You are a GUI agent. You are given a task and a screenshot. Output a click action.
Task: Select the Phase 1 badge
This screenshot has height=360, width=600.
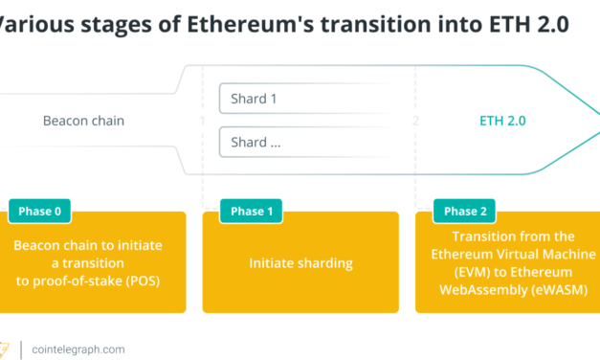point(252,212)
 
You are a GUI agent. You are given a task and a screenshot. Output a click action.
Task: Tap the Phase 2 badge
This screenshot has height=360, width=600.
point(465,212)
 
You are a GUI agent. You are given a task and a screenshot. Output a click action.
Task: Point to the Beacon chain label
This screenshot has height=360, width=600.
point(83,122)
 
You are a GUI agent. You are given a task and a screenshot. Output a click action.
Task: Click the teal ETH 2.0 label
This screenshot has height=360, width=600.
point(502,122)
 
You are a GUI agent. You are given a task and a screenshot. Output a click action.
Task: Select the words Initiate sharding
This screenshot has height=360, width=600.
point(300,262)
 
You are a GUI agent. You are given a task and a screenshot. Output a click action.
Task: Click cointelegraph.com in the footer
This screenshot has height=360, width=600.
point(77,349)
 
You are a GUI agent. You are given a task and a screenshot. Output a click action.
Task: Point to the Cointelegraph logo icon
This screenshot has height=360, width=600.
point(7,349)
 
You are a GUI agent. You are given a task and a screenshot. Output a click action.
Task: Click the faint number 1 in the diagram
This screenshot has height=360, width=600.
point(203,122)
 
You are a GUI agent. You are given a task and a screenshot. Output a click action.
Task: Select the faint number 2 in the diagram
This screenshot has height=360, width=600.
point(415,122)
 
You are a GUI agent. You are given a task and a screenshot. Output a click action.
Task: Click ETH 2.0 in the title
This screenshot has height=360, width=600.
point(532,25)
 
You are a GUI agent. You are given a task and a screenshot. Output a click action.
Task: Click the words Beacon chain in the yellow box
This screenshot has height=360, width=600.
point(50,245)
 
